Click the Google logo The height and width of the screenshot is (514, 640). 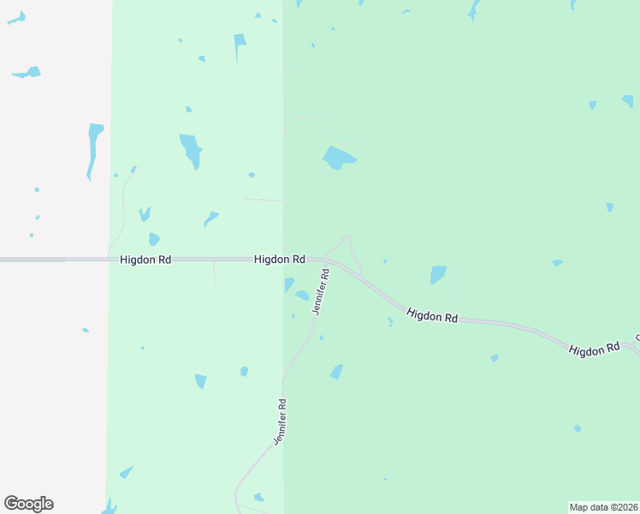point(28,504)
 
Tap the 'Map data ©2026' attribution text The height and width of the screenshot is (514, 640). point(604,507)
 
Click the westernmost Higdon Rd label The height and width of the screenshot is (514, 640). point(145,259)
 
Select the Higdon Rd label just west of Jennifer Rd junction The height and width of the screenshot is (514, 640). point(280,259)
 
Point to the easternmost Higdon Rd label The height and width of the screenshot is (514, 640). point(594,350)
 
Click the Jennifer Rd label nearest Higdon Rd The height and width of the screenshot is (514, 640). point(321,292)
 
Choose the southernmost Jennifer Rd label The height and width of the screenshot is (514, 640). point(280,421)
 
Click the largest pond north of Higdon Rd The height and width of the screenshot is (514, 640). point(338,158)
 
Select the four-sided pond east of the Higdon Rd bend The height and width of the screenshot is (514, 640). point(438,274)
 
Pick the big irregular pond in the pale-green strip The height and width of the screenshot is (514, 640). point(191,149)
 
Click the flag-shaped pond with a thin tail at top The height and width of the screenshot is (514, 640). point(240,46)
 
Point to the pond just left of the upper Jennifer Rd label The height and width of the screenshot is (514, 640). point(302,296)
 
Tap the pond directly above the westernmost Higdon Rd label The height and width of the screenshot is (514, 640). point(154,239)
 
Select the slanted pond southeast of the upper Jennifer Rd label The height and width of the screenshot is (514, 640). point(337,372)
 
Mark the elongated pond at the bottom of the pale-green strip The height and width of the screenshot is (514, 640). point(126,472)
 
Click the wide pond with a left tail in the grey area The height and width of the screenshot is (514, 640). point(27,73)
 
